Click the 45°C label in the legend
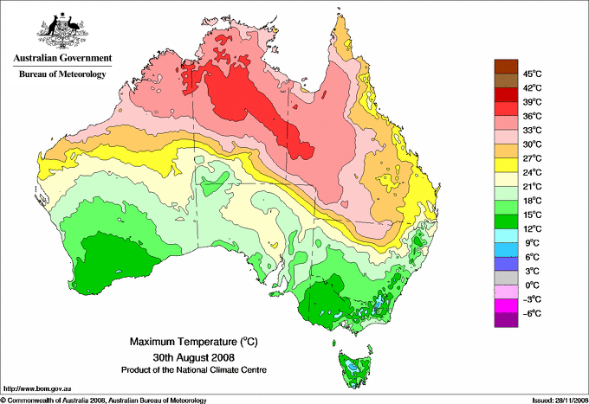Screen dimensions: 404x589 [534, 74]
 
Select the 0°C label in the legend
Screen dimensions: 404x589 [533, 285]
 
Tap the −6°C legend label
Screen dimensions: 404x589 [533, 313]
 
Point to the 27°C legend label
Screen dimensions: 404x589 [534, 158]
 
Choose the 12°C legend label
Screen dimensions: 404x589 [534, 228]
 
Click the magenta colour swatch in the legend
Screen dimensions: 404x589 [505, 306]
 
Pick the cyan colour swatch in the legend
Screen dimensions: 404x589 [505, 235]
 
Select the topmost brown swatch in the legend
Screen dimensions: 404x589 [505, 66]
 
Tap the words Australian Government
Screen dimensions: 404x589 [61, 59]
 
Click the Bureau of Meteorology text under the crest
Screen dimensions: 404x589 [61, 74]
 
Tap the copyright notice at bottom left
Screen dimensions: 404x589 [104, 400]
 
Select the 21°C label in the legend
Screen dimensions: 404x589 [534, 186]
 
